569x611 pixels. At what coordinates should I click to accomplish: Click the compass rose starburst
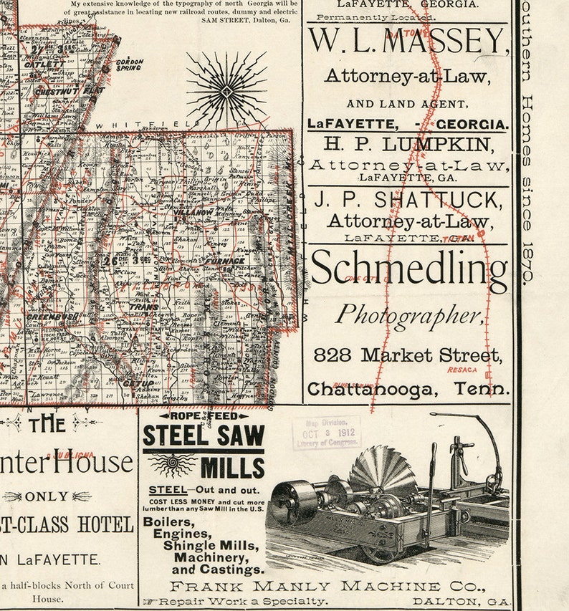point(226,90)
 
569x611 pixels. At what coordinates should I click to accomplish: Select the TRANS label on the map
point(143,307)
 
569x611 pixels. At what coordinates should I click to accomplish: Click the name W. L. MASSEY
point(407,43)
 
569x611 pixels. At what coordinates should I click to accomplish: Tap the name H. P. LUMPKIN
point(408,144)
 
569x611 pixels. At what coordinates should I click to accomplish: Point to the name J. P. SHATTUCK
point(408,199)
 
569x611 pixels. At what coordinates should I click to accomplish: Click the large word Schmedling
point(408,270)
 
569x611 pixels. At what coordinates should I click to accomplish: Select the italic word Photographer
point(408,314)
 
